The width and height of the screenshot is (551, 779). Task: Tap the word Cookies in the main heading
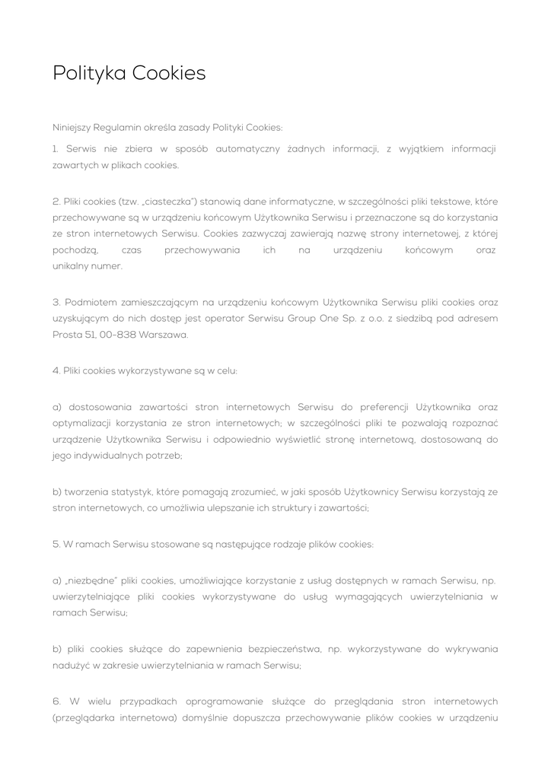(169, 74)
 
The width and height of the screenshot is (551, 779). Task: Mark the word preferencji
(382, 407)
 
